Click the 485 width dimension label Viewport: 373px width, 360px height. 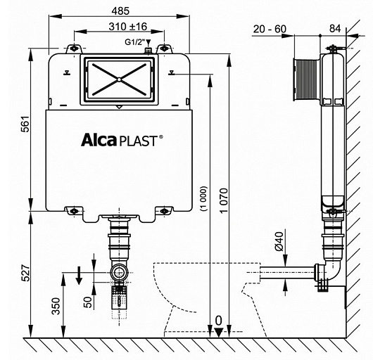(120, 11)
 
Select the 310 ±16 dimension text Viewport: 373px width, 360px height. (128, 27)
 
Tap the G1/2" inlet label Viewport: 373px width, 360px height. (135, 42)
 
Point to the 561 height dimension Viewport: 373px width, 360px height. (26, 124)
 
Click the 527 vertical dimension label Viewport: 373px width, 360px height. (26, 273)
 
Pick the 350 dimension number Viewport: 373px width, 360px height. (56, 307)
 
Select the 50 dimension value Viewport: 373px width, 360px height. (88, 302)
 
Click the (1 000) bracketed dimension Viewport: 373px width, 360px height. (203, 199)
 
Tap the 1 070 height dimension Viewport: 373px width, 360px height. (224, 201)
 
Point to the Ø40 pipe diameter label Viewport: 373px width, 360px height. (279, 241)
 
